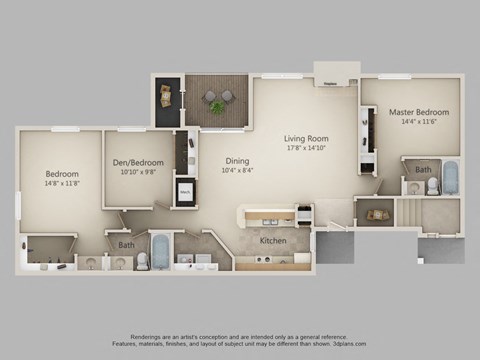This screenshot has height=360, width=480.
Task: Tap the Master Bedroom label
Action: point(418,111)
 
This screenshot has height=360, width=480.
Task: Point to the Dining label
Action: point(236,160)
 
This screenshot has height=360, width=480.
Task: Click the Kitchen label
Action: point(274,241)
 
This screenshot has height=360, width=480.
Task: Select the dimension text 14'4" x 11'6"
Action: point(418,122)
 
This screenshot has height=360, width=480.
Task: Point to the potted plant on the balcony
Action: point(218,103)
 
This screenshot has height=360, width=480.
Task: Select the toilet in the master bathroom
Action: point(414,186)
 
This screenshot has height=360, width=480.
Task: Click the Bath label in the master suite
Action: point(424,170)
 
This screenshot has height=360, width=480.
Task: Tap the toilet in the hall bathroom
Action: point(142,261)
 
